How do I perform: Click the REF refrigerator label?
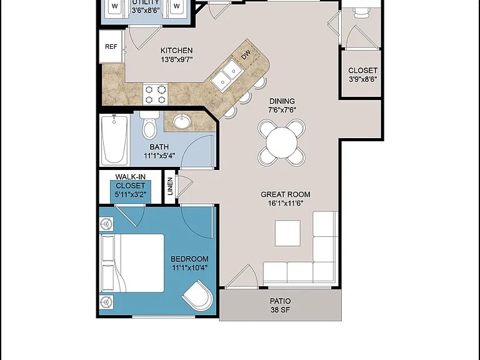tap(111, 46)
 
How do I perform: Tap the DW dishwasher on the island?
tap(247, 55)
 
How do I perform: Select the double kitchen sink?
tap(227, 75)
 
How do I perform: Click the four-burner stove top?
tap(155, 94)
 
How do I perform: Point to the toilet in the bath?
tap(149, 124)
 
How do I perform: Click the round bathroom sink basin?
tap(182, 121)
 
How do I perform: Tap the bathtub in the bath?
tap(114, 140)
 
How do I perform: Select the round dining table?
tap(282, 142)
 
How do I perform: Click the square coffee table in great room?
tap(287, 233)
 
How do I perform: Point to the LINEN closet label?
tap(170, 186)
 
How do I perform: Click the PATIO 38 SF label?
tap(281, 306)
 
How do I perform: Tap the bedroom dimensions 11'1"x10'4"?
tap(190, 268)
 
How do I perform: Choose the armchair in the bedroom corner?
tap(197, 296)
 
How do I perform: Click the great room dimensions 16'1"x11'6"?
tap(286, 203)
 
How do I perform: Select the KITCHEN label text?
tap(177, 51)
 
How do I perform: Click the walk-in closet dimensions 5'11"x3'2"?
tap(131, 194)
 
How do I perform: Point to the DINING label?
tap(282, 101)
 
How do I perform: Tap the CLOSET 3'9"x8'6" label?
tap(362, 75)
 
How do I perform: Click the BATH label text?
tap(159, 147)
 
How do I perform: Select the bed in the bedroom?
tap(132, 264)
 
